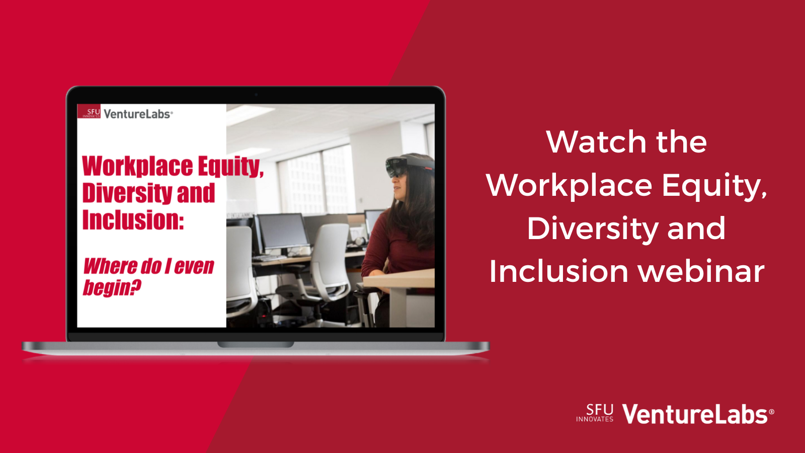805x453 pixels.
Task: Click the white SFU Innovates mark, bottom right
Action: [595, 413]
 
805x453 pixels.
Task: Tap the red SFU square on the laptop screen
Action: [89, 111]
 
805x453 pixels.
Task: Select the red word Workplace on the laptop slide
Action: [138, 167]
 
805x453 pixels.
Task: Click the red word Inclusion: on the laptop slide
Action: [133, 219]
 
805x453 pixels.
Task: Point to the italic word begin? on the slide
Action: [112, 287]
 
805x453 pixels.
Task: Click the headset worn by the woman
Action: [408, 167]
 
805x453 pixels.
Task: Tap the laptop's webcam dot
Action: [256, 95]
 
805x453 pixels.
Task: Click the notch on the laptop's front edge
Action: [256, 344]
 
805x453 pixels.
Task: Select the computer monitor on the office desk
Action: [284, 231]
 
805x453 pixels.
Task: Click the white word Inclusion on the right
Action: [559, 271]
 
